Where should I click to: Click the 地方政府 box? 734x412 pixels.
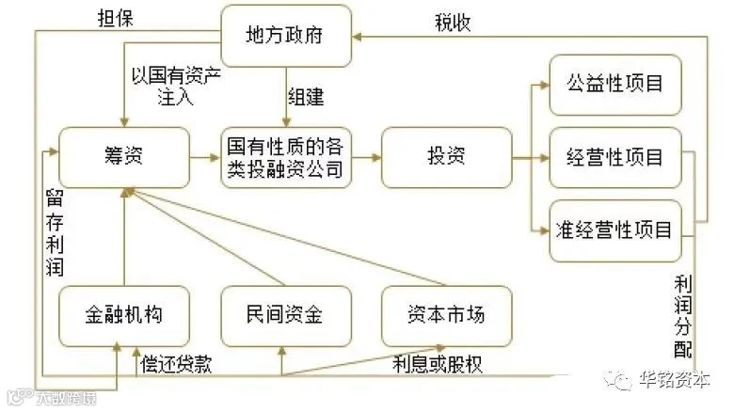(286, 36)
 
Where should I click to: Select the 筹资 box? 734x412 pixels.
(124, 157)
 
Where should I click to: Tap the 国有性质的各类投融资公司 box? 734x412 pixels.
(286, 157)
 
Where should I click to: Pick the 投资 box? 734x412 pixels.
(447, 157)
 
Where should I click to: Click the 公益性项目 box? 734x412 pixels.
(615, 85)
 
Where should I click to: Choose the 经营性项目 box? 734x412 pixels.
(615, 157)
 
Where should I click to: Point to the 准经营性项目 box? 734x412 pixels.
(615, 230)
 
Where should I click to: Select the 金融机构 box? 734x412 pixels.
(124, 316)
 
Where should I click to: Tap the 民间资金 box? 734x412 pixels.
(286, 316)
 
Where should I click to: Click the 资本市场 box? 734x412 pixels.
(447, 316)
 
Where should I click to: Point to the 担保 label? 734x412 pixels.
(115, 19)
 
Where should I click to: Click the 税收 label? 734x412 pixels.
(453, 23)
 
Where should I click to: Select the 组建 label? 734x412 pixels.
(306, 97)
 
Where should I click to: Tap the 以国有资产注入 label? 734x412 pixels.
(176, 87)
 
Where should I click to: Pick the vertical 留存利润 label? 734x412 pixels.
(55, 232)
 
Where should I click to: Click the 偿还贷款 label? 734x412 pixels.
(177, 364)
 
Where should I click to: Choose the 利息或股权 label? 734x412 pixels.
(438, 364)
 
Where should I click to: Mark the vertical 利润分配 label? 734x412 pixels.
(683, 316)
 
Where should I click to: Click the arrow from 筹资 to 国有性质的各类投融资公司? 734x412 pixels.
(205, 158)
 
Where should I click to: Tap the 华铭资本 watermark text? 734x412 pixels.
(675, 380)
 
